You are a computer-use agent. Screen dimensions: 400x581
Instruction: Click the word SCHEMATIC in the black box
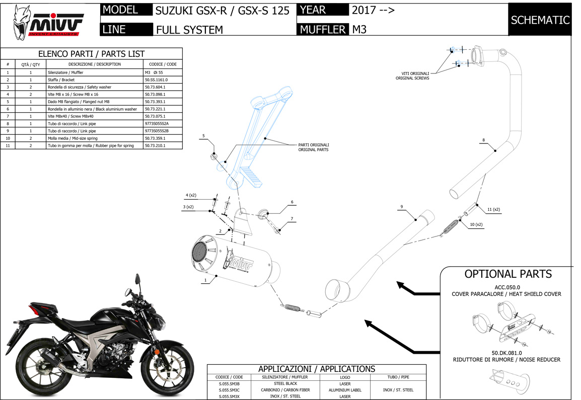[x=540, y=20]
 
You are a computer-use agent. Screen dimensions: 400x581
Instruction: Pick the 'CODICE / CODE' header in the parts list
[x=163, y=64]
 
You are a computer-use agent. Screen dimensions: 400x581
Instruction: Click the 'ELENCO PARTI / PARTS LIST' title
[x=91, y=54]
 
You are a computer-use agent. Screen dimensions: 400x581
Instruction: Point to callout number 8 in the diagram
[x=483, y=140]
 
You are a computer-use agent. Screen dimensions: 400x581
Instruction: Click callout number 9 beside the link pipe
[x=402, y=207]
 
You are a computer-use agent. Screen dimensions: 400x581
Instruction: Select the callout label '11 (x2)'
[x=493, y=209]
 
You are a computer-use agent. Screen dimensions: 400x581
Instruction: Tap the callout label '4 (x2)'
[x=191, y=195]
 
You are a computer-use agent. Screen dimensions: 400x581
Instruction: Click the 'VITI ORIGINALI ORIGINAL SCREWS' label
[x=412, y=75]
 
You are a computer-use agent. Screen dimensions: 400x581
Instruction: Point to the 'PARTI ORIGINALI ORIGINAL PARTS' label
[x=313, y=147]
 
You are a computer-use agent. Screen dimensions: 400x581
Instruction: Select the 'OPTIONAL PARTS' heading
[x=507, y=274]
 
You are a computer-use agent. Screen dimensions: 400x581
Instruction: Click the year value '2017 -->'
[x=373, y=10]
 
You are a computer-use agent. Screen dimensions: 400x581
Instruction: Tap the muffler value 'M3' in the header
[x=359, y=29]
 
